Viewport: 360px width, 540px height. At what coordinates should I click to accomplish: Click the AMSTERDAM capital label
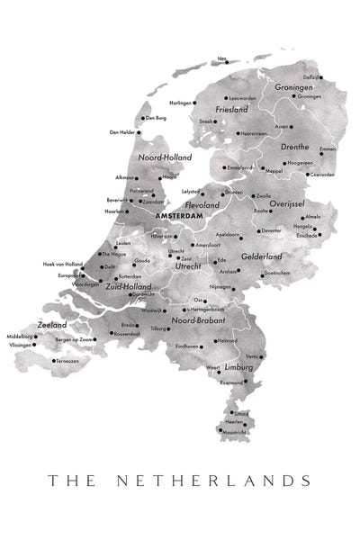click(x=178, y=217)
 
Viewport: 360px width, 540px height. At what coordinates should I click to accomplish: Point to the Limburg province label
click(x=239, y=368)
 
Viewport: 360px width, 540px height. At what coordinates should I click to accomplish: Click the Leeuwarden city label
click(x=243, y=97)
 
